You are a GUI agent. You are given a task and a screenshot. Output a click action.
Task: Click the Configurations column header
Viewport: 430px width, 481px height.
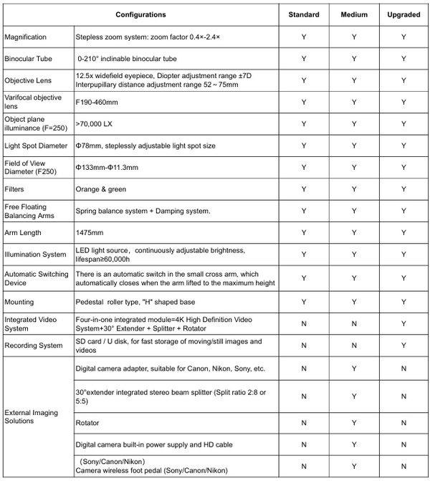140,14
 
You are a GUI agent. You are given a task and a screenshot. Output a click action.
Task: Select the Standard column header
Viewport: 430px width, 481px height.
303,14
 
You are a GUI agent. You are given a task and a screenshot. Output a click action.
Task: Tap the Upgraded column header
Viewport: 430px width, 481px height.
403,14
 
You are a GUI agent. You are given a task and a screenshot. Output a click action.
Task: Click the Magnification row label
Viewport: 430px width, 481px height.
26,37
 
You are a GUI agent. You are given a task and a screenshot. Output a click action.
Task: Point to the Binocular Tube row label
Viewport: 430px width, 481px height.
29,58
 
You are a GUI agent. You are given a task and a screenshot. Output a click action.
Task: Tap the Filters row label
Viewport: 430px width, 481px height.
14,189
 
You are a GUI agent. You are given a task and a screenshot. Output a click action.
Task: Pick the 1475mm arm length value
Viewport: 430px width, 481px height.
89,232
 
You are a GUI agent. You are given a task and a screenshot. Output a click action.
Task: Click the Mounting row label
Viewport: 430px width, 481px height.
19,302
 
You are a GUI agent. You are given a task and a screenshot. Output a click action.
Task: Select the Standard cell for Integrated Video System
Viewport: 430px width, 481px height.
303,323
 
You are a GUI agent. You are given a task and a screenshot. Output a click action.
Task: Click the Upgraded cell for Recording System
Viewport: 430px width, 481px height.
403,345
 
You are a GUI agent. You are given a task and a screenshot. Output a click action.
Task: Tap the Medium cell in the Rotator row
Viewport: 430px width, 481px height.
353,423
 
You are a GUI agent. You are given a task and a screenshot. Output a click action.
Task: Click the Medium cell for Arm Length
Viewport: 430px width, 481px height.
353,232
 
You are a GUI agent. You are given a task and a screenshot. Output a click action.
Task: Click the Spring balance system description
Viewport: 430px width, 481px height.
143,211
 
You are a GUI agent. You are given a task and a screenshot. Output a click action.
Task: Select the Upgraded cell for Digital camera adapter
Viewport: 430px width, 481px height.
403,368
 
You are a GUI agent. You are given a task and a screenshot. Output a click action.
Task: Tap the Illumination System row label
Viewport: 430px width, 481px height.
35,254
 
